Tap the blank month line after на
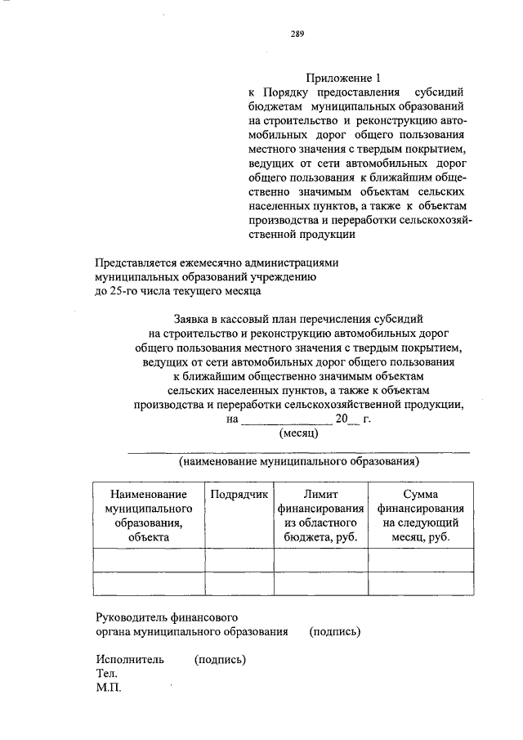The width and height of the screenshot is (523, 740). pos(285,420)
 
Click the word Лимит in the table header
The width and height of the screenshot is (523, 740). pos(320,495)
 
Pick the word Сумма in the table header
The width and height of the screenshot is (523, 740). pos(420,495)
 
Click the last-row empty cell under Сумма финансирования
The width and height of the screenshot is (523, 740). pos(420,584)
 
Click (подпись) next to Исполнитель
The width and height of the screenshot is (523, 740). pos(221,659)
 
